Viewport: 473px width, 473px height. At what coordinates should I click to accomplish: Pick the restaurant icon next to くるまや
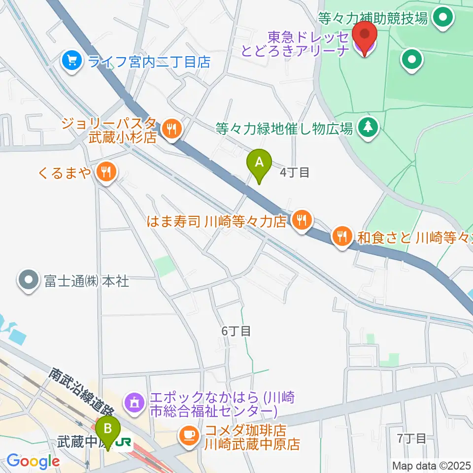pos(105,172)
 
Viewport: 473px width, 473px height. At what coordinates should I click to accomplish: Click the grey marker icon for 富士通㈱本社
pos(28,281)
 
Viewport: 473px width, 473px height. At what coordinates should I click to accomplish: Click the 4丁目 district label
pos(295,172)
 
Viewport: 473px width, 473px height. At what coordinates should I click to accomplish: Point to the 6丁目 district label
pos(236,332)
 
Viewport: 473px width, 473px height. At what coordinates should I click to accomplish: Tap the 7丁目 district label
pos(411,438)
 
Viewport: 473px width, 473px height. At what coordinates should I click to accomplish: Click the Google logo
pos(33,462)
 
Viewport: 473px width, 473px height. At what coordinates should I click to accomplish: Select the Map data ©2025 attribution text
pos(431,465)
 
